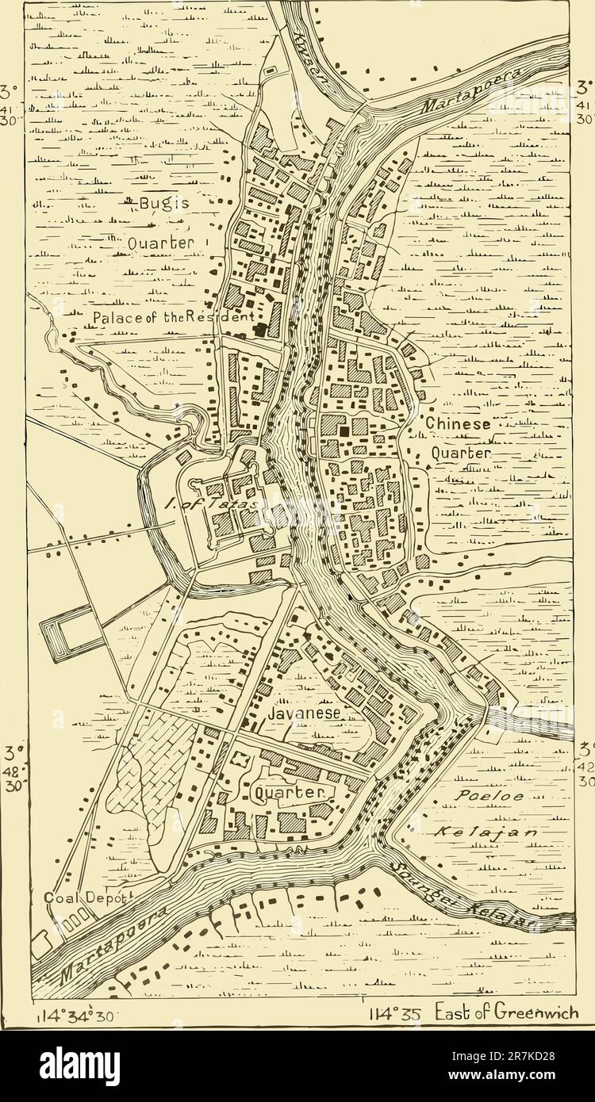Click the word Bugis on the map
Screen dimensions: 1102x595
click(x=164, y=204)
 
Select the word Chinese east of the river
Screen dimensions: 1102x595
click(x=458, y=424)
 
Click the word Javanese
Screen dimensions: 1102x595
click(x=304, y=714)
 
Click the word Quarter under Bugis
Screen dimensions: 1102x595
click(x=160, y=243)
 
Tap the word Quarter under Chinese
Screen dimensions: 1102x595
click(x=463, y=453)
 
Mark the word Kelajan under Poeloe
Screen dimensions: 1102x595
click(x=486, y=832)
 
